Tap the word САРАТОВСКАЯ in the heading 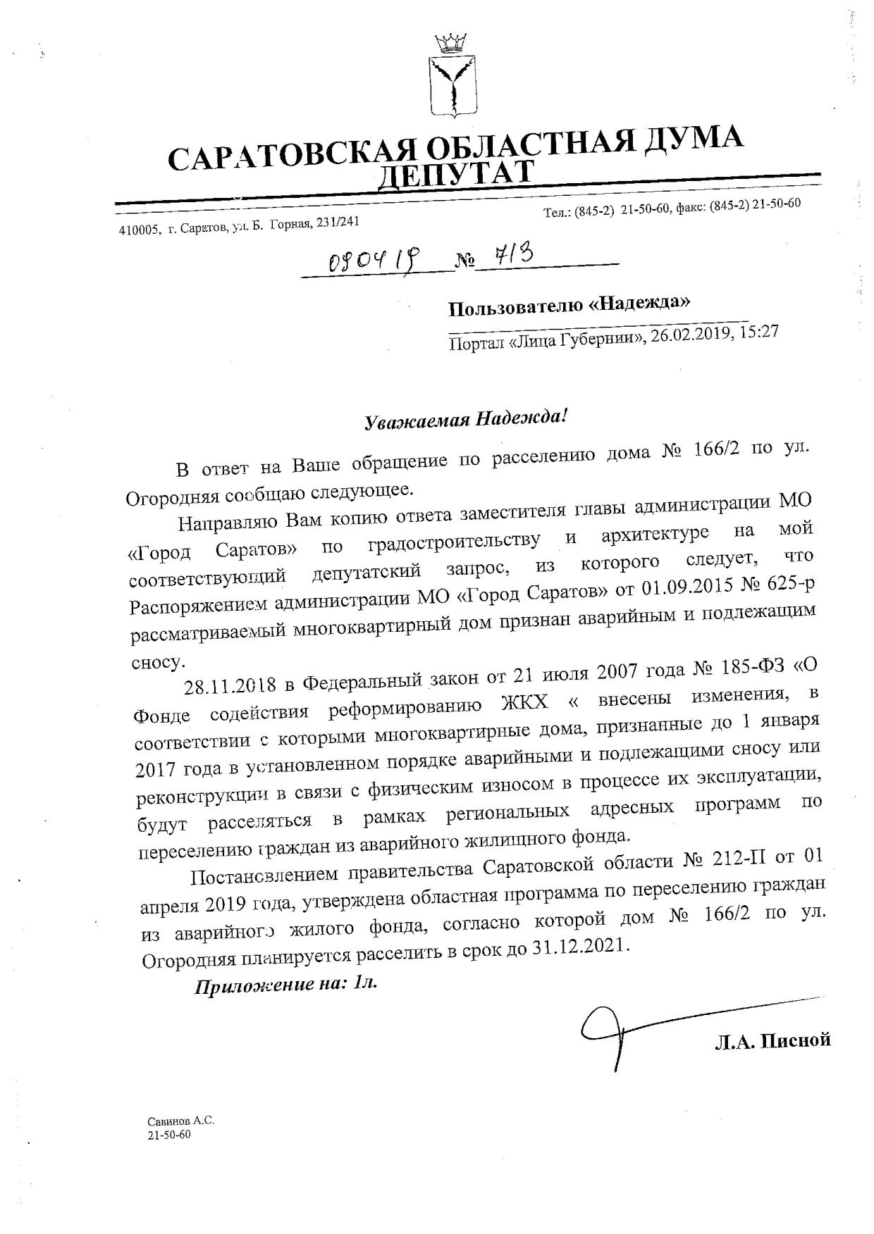(288, 153)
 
